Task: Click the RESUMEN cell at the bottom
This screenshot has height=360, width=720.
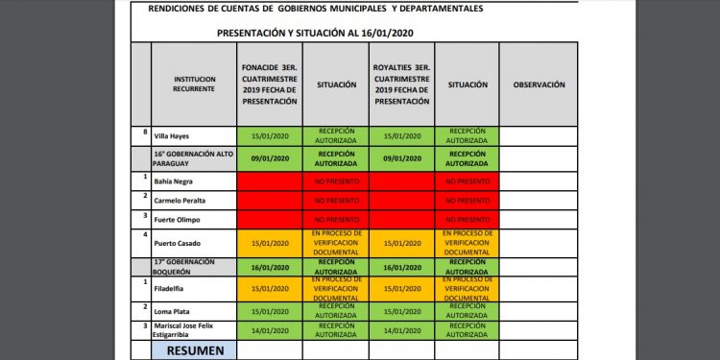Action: pyautogui.click(x=194, y=350)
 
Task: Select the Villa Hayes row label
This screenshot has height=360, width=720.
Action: pyautogui.click(x=172, y=136)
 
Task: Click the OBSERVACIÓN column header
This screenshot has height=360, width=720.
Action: pyautogui.click(x=539, y=84)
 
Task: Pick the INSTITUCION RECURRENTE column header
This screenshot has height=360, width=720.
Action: pyautogui.click(x=194, y=84)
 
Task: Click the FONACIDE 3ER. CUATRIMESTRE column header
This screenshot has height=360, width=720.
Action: pyautogui.click(x=270, y=84)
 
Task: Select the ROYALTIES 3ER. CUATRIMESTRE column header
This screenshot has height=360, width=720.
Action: pyautogui.click(x=401, y=84)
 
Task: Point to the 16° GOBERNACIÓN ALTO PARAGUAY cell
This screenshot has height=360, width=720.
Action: pyautogui.click(x=192, y=157)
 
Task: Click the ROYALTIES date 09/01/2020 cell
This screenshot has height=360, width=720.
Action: pyautogui.click(x=401, y=157)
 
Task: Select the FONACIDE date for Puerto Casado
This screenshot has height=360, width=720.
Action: pyautogui.click(x=270, y=242)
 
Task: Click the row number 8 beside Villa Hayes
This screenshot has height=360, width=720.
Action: pyautogui.click(x=145, y=132)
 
